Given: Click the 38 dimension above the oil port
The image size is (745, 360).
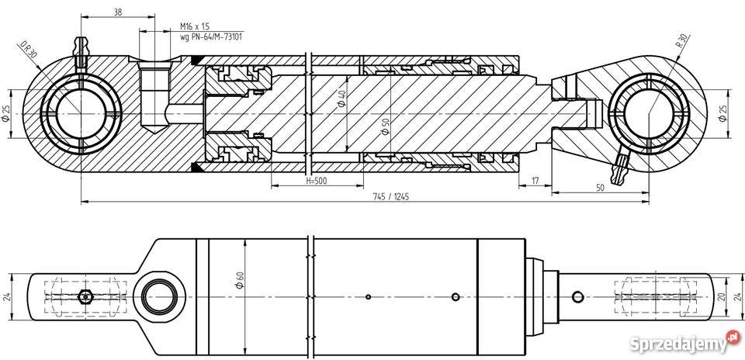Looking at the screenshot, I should coord(117,12).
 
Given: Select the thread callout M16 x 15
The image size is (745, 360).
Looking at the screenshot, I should coord(196,26).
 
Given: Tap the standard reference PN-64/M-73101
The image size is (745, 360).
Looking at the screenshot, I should coord(210,36).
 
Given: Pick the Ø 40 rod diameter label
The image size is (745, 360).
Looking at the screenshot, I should coord(341,99).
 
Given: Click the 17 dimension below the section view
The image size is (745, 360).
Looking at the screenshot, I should coord(535,181).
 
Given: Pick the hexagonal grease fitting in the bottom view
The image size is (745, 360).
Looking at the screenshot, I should coord(85,296).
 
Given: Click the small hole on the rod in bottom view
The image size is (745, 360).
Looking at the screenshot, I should coord(577,296).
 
